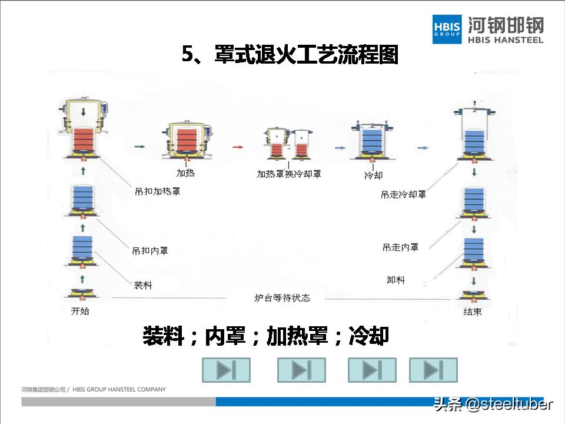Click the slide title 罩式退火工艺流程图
pyautogui.click(x=290, y=55)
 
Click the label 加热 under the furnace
pyautogui.click(x=185, y=173)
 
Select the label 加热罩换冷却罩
pyautogui.click(x=288, y=174)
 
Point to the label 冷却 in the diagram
pyautogui.click(x=373, y=175)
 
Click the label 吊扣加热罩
pyautogui.click(x=157, y=192)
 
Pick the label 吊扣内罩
pyautogui.click(x=150, y=251)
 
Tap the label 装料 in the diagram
pyautogui.click(x=143, y=286)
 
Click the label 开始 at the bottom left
pyautogui.click(x=79, y=310)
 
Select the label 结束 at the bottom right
pyautogui.click(x=472, y=312)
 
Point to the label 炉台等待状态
pyautogui.click(x=282, y=298)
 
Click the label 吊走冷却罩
pyautogui.click(x=403, y=194)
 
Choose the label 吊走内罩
pyautogui.click(x=400, y=247)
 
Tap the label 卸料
pyautogui.click(x=395, y=280)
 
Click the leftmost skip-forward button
pyautogui.click(x=226, y=370)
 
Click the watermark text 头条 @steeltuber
pyautogui.click(x=493, y=405)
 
